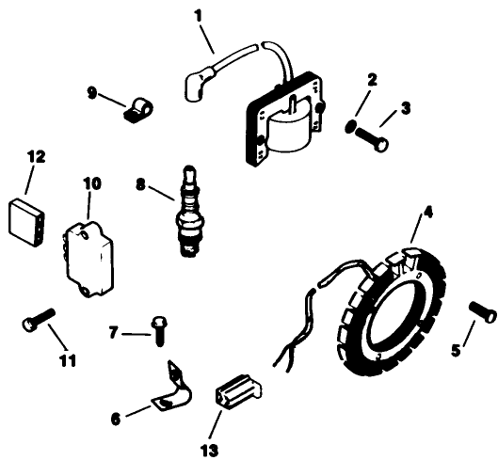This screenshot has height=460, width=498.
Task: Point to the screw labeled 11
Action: point(39,323)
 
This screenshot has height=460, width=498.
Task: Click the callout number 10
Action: point(91,182)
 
